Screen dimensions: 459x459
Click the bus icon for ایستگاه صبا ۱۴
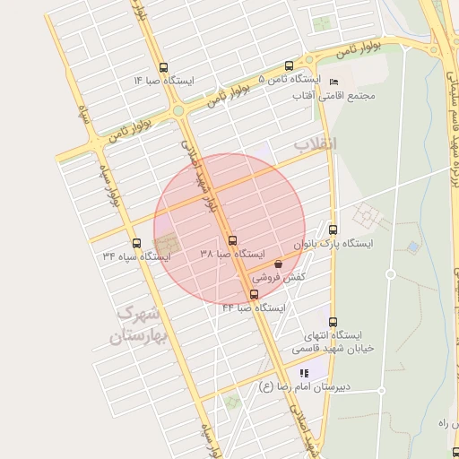click(x=162, y=67)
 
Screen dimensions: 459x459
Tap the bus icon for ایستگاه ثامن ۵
click(x=289, y=65)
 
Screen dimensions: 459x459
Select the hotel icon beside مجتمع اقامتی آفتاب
click(x=333, y=82)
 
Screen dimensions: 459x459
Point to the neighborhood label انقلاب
click(x=315, y=143)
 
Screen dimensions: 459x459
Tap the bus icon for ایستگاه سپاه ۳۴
click(x=136, y=242)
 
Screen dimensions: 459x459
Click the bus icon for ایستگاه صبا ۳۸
click(x=232, y=240)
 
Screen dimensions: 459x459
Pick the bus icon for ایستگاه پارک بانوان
click(x=333, y=229)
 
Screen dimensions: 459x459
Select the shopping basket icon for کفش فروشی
click(x=278, y=264)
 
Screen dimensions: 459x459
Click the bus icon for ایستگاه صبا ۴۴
click(x=254, y=294)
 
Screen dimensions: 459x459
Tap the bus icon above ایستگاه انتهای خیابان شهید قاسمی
click(x=333, y=323)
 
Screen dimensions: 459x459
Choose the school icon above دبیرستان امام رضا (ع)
click(x=304, y=373)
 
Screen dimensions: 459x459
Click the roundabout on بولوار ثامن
click(x=178, y=110)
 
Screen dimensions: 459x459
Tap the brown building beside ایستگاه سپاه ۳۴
click(x=167, y=243)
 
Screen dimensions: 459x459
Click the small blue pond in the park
click(x=412, y=245)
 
